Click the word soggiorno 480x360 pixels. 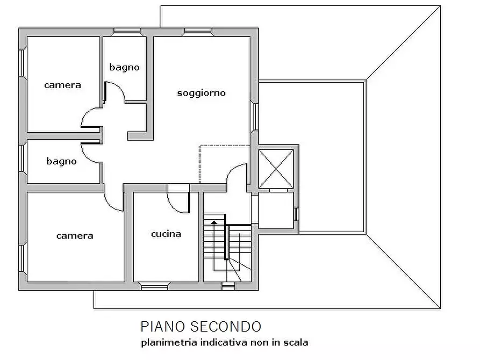click(x=202, y=93)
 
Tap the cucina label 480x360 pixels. click(x=166, y=234)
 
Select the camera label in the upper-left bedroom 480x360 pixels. click(x=63, y=85)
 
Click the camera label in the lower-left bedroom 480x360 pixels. click(x=75, y=235)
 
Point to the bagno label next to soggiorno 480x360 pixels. click(x=124, y=67)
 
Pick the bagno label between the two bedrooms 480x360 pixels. click(x=61, y=161)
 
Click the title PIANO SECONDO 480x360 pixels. click(x=201, y=326)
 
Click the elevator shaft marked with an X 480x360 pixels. click(x=276, y=169)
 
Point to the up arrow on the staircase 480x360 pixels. click(x=214, y=221)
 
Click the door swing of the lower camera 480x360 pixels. click(x=114, y=200)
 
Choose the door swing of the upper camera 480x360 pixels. click(x=91, y=118)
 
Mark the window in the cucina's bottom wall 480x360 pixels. click(x=154, y=286)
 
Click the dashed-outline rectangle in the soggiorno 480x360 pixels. click(x=224, y=164)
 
